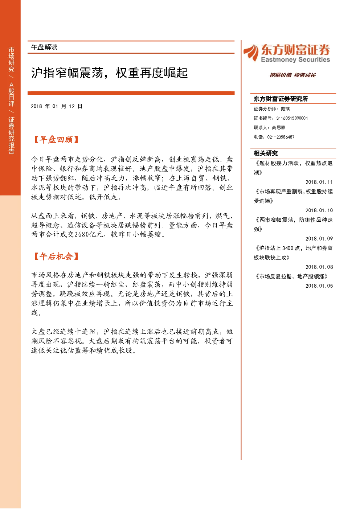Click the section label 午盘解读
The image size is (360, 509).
click(44, 47)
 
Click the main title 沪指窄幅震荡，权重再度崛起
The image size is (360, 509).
click(109, 73)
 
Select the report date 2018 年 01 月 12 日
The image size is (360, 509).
click(56, 106)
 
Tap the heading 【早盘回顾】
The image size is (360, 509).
click(56, 140)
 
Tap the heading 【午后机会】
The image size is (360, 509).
click(56, 256)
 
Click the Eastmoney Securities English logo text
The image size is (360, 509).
click(295, 59)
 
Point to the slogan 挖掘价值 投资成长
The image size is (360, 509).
click(292, 75)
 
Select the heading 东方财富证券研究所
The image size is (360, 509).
click(281, 99)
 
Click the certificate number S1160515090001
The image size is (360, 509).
click(292, 118)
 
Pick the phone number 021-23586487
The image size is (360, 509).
click(281, 137)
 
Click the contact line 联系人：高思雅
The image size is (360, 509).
click(269, 127)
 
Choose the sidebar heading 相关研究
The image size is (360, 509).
click(266, 153)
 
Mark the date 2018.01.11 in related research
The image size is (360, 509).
click(319, 182)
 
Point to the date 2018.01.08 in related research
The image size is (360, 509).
click(319, 267)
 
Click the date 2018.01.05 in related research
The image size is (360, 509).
click(319, 286)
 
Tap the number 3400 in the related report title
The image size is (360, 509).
click(288, 248)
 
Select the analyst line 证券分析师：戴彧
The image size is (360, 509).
click(272, 109)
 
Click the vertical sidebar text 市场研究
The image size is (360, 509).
click(11, 59)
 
